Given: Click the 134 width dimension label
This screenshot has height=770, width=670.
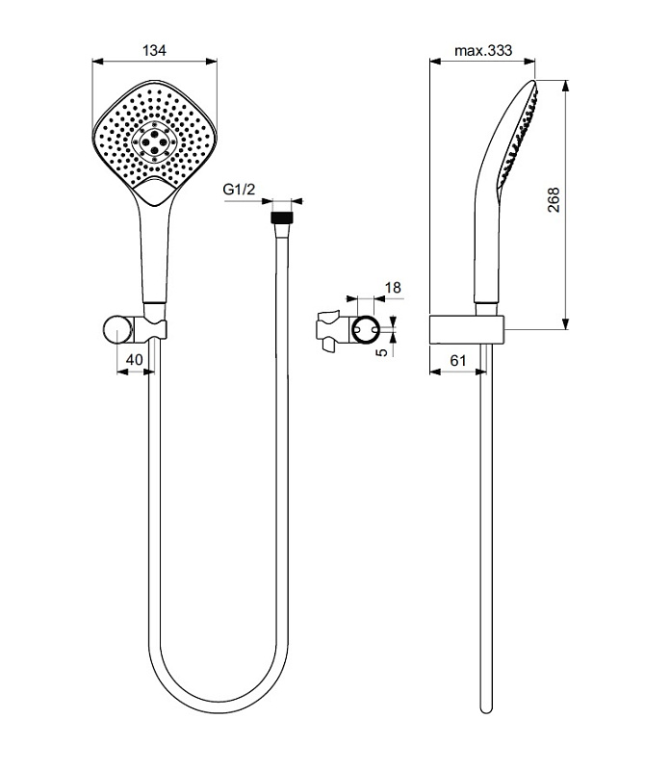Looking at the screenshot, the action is pyautogui.click(x=154, y=50).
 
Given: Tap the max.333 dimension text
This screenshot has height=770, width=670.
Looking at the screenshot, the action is pyautogui.click(x=483, y=50).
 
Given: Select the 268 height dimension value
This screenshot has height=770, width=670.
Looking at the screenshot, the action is pyautogui.click(x=554, y=199).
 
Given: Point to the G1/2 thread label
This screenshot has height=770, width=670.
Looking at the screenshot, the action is pyautogui.click(x=239, y=189).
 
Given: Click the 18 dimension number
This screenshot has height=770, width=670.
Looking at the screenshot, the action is pyautogui.click(x=393, y=287).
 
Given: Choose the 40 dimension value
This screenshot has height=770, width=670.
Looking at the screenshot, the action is pyautogui.click(x=135, y=359).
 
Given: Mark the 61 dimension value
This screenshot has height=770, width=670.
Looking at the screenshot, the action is pyautogui.click(x=458, y=360).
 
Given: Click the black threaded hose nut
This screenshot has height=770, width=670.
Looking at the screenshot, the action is pyautogui.click(x=282, y=218).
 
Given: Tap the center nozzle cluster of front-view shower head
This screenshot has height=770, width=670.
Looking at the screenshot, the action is pyautogui.click(x=154, y=141).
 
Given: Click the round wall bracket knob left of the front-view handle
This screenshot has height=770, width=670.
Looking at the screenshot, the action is pyautogui.click(x=117, y=329).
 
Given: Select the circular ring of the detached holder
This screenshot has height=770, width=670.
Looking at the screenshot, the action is pyautogui.click(x=365, y=329).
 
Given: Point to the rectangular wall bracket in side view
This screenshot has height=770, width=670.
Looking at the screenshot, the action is pyautogui.click(x=467, y=329).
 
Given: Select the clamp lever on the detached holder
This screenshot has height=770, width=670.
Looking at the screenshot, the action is pyautogui.click(x=328, y=330).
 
